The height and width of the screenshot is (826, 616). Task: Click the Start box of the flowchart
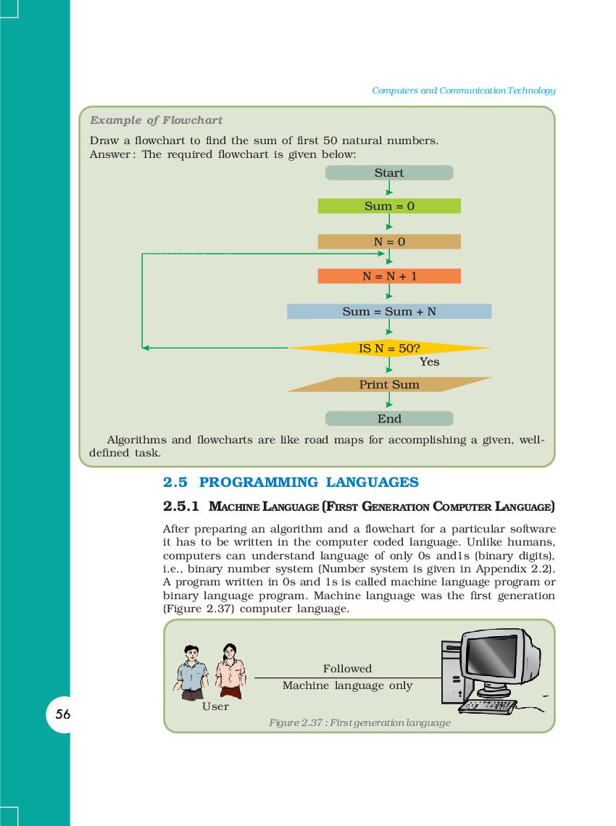click(389, 173)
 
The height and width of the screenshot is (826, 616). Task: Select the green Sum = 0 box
click(389, 206)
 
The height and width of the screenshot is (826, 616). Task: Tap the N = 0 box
click(389, 242)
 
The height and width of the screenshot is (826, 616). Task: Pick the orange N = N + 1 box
click(389, 276)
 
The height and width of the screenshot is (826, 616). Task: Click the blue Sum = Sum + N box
click(389, 312)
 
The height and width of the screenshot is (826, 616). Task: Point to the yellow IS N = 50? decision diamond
click(389, 349)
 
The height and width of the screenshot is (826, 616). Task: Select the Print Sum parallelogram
click(389, 385)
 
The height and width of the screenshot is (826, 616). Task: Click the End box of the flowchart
click(389, 419)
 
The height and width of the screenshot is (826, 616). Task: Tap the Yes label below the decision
click(429, 362)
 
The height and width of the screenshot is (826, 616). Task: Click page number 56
click(63, 714)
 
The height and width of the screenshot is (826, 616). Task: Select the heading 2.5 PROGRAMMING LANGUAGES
click(291, 483)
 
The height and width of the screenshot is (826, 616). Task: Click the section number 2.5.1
click(182, 505)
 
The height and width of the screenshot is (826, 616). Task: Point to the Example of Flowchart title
click(156, 120)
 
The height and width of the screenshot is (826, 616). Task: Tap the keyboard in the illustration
click(490, 704)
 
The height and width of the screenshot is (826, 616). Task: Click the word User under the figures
click(215, 706)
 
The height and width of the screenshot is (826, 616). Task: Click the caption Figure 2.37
click(359, 722)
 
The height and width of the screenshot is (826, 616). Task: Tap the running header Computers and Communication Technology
click(463, 91)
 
